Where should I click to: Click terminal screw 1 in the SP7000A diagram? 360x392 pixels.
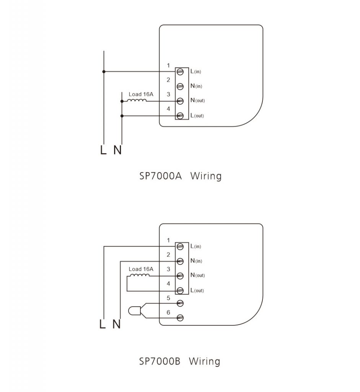coord(180,72)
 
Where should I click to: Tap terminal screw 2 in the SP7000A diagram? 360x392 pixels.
coord(180,87)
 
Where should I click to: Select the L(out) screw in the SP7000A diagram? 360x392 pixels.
coord(180,116)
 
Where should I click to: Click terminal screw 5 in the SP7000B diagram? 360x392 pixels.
coord(180,303)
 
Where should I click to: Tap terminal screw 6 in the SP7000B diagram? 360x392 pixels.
coord(180,318)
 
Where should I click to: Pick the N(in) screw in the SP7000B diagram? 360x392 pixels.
coord(180,261)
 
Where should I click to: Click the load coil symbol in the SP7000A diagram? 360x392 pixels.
coord(137,100)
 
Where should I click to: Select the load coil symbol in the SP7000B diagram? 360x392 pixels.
coord(140,275)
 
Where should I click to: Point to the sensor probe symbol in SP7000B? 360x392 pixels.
coord(134,311)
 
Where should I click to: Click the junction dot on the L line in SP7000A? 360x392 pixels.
coord(104,72)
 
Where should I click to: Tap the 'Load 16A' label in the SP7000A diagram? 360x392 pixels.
coord(141,94)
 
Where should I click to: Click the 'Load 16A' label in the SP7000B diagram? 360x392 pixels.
coord(141,269)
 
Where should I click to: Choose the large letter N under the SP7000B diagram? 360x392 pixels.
coord(117,324)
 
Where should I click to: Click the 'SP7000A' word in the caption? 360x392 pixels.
coord(160,176)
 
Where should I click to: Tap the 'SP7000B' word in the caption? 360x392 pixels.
coord(160,361)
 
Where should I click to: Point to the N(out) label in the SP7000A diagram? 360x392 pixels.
coord(197,100)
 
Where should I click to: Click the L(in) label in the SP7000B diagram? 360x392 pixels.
coord(195,246)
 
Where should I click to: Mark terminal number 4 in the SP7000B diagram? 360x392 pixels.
coord(168,284)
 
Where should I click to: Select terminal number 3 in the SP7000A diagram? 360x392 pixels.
coord(168,94)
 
